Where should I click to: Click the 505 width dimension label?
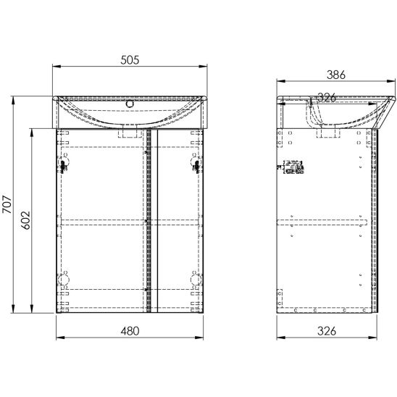tap(130, 60)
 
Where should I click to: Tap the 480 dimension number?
tap(130, 331)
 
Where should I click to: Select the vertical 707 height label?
tap(7, 204)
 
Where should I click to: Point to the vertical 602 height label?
tap(25, 220)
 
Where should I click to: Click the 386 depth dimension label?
tap(336, 75)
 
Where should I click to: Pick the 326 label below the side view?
tap(327, 331)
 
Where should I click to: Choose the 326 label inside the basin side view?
tap(327, 98)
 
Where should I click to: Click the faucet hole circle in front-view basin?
tap(130, 104)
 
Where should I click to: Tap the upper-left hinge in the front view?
tap(64, 163)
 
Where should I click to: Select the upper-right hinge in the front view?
tap(196, 163)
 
